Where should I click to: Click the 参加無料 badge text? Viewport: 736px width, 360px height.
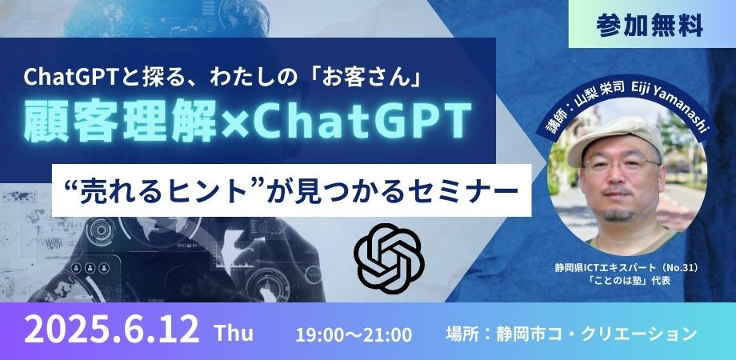coord(650,26)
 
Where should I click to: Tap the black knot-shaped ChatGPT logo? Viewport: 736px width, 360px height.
coord(389,258)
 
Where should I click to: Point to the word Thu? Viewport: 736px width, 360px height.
coord(234,333)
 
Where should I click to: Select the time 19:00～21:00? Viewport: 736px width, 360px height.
coord(354,334)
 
